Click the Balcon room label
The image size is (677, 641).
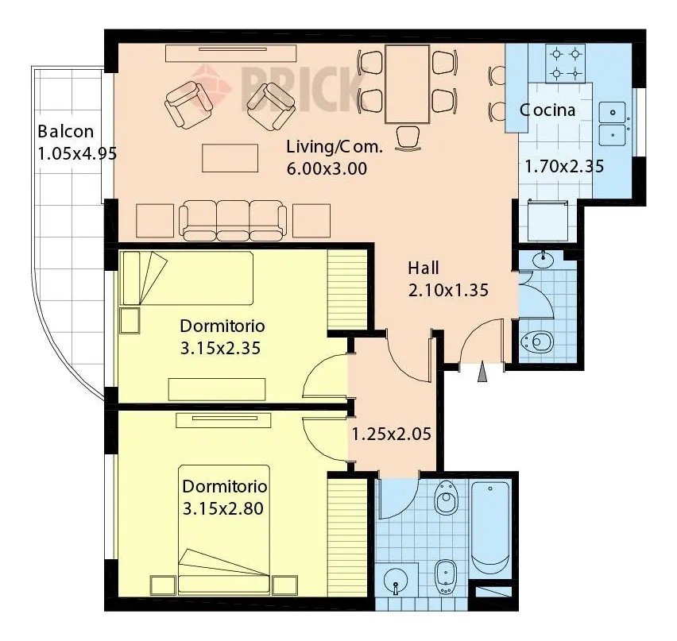(x=66, y=131)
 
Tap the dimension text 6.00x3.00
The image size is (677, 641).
(x=327, y=168)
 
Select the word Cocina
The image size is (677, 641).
(x=547, y=110)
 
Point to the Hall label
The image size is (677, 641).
(x=424, y=268)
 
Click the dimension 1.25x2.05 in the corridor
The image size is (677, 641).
(x=392, y=434)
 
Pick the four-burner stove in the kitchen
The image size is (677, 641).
(x=566, y=64)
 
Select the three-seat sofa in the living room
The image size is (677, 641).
(x=233, y=220)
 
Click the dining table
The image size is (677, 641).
(x=407, y=84)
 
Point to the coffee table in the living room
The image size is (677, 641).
(x=230, y=158)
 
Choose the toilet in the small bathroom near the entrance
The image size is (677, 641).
(x=537, y=342)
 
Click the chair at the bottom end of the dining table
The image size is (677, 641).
(x=408, y=137)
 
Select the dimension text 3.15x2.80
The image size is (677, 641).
(x=223, y=508)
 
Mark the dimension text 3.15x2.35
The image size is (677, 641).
(x=221, y=348)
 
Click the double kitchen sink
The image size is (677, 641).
(x=613, y=124)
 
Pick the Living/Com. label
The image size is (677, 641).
(x=335, y=147)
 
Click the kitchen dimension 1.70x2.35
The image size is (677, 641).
(x=564, y=166)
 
